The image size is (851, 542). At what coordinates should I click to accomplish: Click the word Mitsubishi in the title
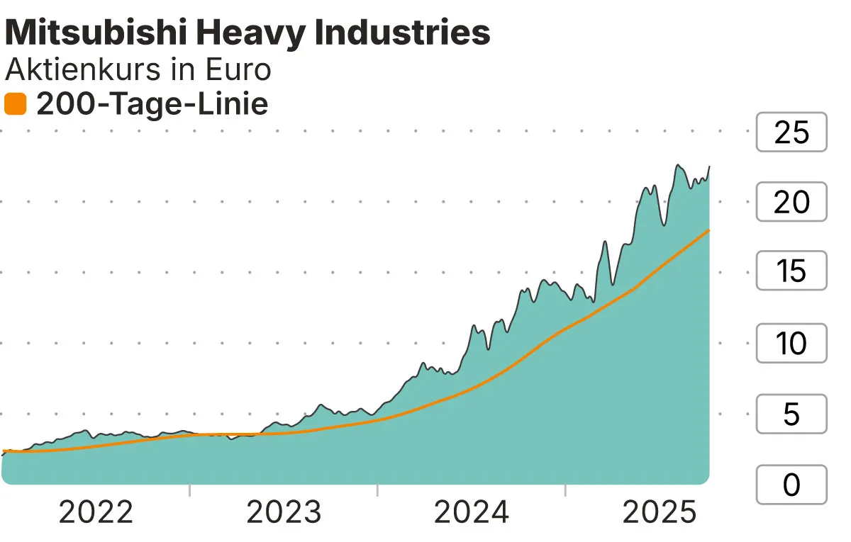pyautogui.click(x=90, y=33)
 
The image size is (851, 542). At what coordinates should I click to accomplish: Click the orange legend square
pyautogui.click(x=15, y=105)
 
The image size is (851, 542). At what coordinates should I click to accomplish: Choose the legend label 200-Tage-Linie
pyautogui.click(x=152, y=105)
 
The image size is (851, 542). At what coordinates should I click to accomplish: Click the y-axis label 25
pyautogui.click(x=791, y=132)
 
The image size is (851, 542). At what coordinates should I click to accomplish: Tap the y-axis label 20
pyautogui.click(x=791, y=203)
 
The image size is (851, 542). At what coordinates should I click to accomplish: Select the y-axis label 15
pyautogui.click(x=791, y=271)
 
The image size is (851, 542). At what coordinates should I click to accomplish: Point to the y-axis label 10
pyautogui.click(x=791, y=344)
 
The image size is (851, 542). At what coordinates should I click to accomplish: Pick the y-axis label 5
pyautogui.click(x=791, y=414)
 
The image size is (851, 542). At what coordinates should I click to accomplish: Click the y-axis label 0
pyautogui.click(x=791, y=485)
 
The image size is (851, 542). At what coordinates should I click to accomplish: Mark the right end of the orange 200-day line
pyautogui.click(x=709, y=230)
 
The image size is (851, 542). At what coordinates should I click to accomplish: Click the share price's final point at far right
pyautogui.click(x=709, y=166)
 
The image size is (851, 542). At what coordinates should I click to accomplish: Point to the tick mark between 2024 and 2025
pyautogui.click(x=565, y=490)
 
